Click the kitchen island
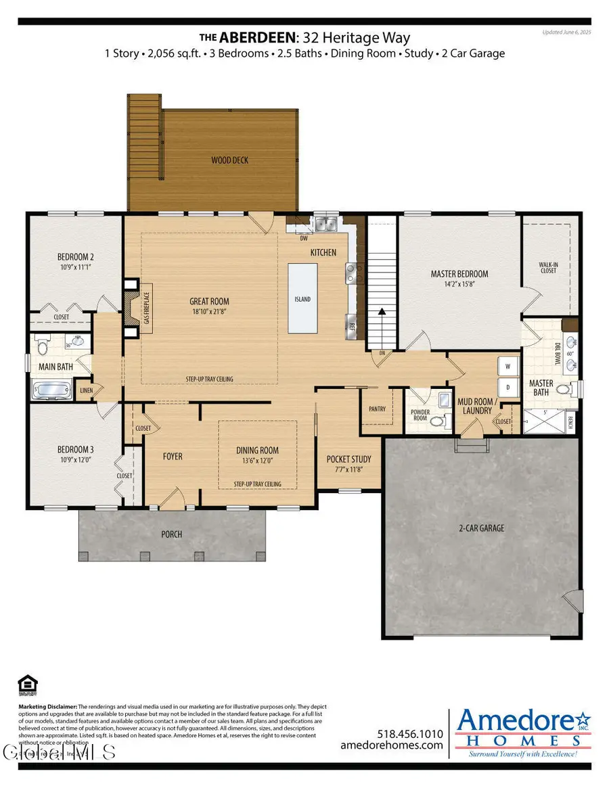pos(302,298)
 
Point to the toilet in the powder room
pos(438,421)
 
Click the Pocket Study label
pos(348,459)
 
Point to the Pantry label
pos(377,409)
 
